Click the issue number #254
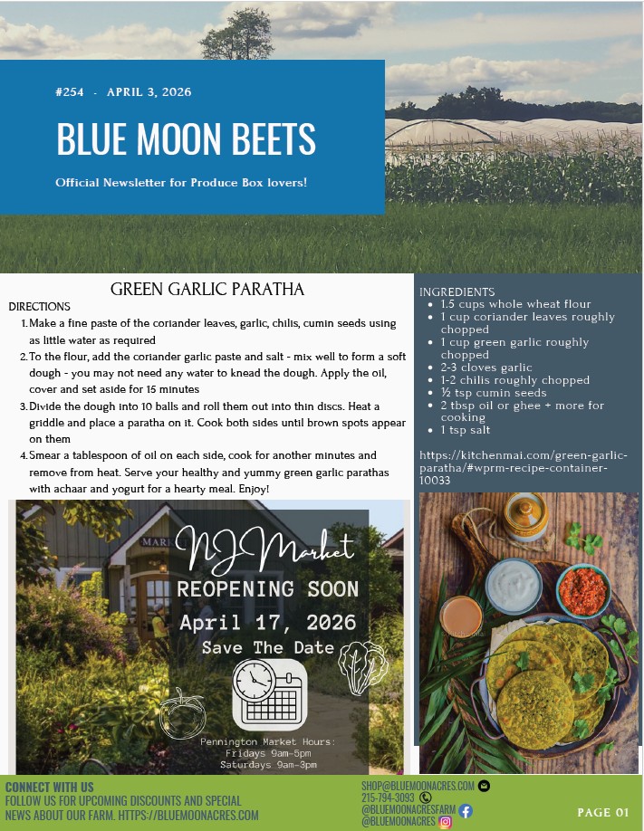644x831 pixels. click(x=69, y=92)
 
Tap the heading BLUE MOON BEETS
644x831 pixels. click(x=186, y=138)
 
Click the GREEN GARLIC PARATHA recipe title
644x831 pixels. click(x=207, y=290)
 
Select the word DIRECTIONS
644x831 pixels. click(x=39, y=307)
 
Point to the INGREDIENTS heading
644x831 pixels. click(x=457, y=292)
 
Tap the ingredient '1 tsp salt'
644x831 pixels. click(x=466, y=430)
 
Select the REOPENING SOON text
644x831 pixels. click(x=267, y=589)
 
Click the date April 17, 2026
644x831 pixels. click(x=267, y=623)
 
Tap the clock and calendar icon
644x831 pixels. click(x=269, y=694)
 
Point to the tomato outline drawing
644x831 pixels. click(x=182, y=713)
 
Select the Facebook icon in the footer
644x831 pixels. click(x=466, y=810)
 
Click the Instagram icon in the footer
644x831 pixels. click(x=446, y=822)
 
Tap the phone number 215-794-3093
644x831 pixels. click(x=388, y=798)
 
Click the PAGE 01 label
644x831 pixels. click(x=602, y=812)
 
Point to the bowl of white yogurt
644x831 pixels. click(x=514, y=584)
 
